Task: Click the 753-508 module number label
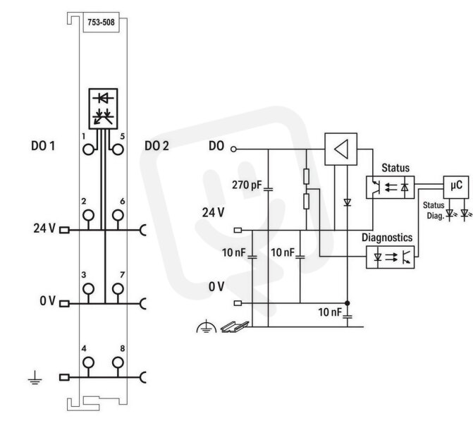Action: pos(101,22)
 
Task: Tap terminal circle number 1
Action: pos(88,149)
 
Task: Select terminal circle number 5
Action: pos(118,149)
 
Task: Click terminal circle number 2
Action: pos(88,215)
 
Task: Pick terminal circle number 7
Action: pos(118,289)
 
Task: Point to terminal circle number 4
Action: pos(88,362)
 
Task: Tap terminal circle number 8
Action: pos(118,362)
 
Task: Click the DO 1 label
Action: pos(43,146)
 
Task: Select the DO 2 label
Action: pos(156,146)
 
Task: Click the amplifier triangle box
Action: pos(341,149)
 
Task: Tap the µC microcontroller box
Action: pos(456,187)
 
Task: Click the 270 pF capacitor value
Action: pos(247,185)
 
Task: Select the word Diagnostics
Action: pos(387,238)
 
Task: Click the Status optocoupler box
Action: pos(391,188)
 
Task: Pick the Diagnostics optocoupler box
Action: pos(391,257)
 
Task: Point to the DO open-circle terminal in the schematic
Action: pos(233,149)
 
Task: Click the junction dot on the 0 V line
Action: pos(348,303)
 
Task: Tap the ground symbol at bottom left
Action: pos(35,378)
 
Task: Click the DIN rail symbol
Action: pos(235,327)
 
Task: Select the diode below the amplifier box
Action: pos(348,202)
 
